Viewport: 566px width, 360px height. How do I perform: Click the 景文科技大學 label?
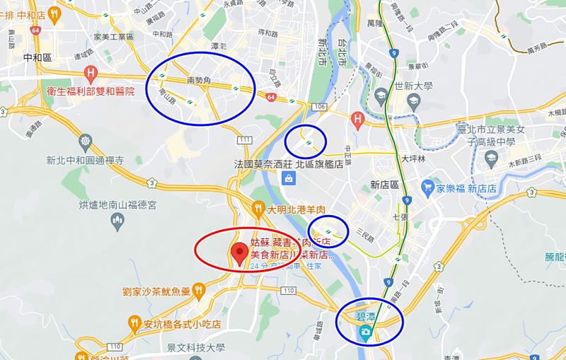click(x=195, y=347)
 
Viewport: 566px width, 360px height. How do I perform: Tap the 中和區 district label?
click(x=37, y=58)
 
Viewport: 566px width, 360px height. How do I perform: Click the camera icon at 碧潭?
click(x=365, y=332)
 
